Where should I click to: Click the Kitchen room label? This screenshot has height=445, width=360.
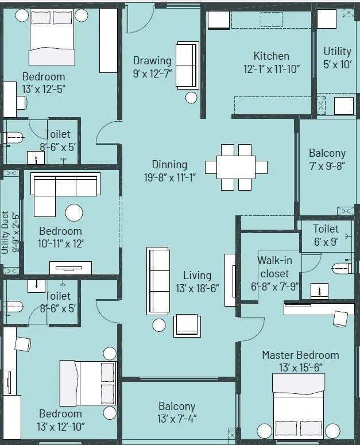point(271,56)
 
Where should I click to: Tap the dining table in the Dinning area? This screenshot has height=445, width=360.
point(236,167)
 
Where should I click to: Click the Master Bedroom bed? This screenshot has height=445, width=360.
point(300,405)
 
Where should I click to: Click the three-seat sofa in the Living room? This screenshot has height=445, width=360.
point(158,279)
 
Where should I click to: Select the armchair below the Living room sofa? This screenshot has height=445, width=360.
point(187,325)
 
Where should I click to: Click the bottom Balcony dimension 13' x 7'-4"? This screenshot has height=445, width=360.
point(177,419)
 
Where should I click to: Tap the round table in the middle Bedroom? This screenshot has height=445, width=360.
point(75,213)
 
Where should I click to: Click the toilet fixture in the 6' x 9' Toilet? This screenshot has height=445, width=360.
point(343,268)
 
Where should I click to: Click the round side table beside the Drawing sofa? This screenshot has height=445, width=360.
point(191,97)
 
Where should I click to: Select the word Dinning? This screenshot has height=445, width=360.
point(169,164)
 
